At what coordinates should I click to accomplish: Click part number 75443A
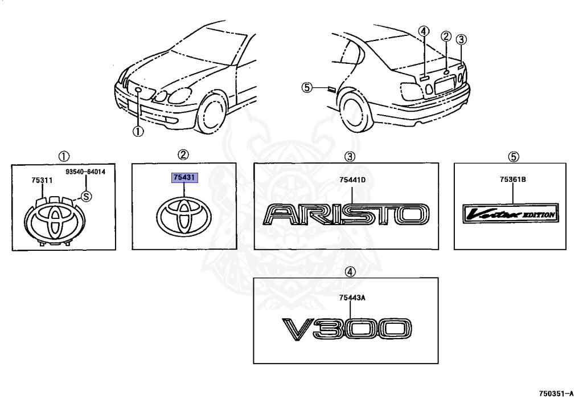pyautogui.click(x=351, y=298)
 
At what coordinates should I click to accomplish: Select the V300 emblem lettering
pyautogui.click(x=346, y=330)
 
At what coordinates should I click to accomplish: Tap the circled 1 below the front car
pyautogui.click(x=138, y=132)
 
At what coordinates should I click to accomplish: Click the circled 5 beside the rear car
pyautogui.click(x=307, y=87)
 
